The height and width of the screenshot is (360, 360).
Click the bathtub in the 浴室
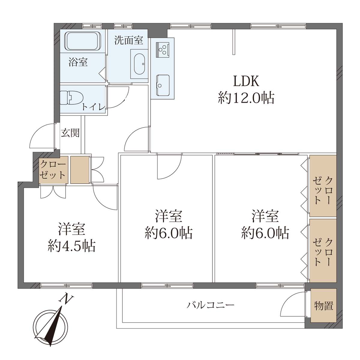[83, 41]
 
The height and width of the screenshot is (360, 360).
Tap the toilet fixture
[69, 98]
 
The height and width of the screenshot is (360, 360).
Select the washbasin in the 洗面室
[139, 64]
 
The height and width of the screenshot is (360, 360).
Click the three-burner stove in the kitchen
[162, 49]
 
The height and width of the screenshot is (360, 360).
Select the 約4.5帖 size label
[72, 246]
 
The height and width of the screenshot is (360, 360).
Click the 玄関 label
[70, 133]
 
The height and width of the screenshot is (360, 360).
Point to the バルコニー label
[211, 305]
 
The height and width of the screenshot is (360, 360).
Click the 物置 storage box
[323, 306]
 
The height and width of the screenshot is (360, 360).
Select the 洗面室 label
[129, 40]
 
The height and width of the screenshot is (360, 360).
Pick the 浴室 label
[78, 62]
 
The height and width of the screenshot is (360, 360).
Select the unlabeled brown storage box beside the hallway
[80, 170]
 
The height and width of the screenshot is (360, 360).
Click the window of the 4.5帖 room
[66, 286]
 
